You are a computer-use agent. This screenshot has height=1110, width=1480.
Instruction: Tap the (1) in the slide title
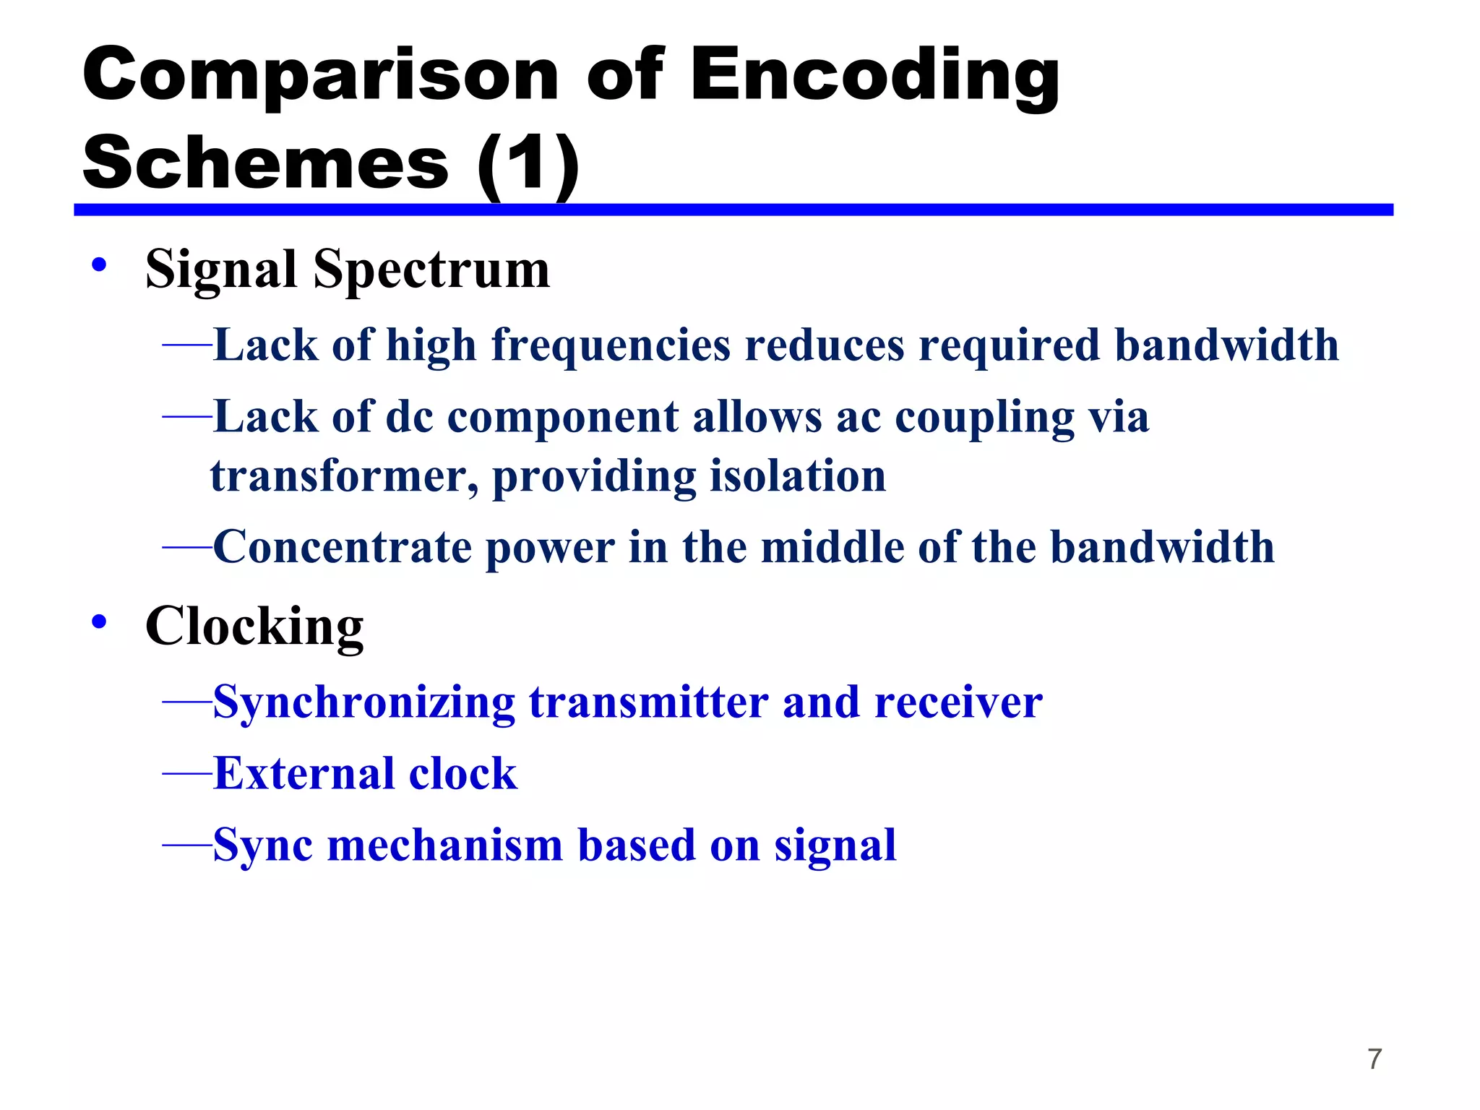click(528, 163)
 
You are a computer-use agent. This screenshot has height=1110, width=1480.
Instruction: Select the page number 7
click(1374, 1059)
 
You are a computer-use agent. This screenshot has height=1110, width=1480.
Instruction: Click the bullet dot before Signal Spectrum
click(100, 265)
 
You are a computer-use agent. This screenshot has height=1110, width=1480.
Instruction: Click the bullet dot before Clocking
click(100, 621)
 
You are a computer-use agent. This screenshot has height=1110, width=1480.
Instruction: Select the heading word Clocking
click(254, 627)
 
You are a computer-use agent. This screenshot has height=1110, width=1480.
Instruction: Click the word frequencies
click(611, 345)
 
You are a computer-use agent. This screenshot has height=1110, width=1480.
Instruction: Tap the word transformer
click(344, 476)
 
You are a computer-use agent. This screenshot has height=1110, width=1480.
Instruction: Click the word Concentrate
click(342, 547)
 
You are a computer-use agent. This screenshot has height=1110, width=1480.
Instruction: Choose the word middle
click(832, 547)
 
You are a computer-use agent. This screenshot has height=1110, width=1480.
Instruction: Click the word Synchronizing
click(364, 702)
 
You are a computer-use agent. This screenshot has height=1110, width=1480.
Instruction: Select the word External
click(304, 774)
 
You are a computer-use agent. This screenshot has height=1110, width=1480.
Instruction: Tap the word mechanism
click(444, 845)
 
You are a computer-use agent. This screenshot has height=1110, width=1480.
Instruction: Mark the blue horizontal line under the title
click(733, 210)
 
